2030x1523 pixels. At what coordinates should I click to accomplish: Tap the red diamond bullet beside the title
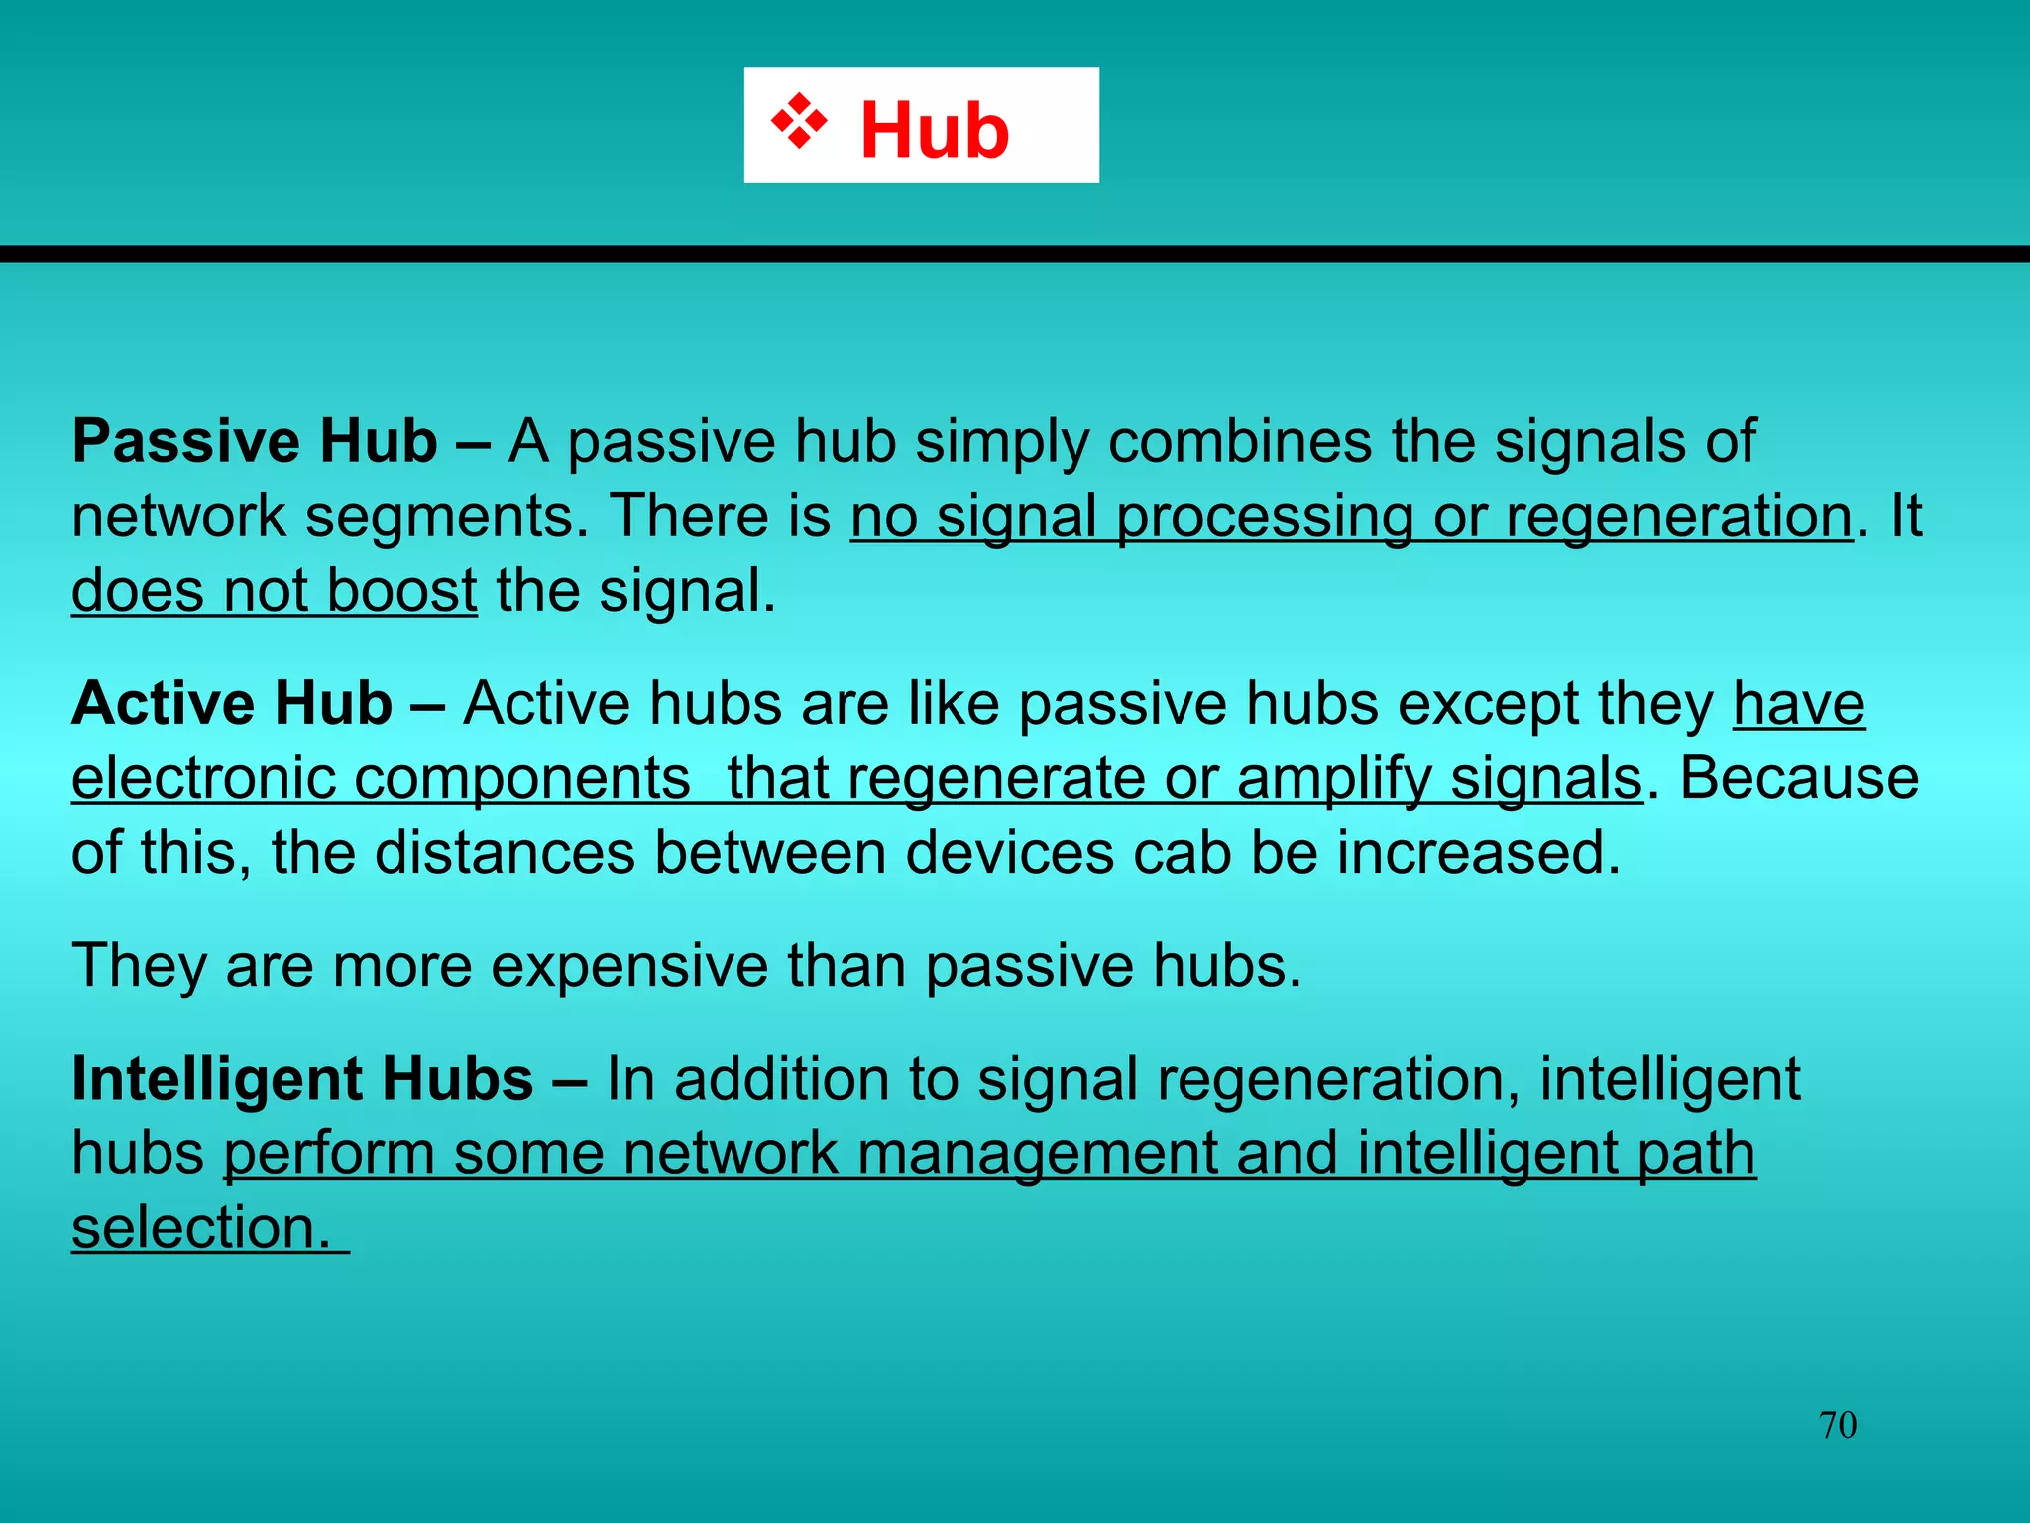[x=799, y=121]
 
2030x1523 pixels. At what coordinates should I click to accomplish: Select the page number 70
[x=1837, y=1425]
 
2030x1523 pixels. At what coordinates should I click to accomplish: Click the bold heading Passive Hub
[x=255, y=441]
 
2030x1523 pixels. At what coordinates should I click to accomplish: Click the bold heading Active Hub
[x=232, y=703]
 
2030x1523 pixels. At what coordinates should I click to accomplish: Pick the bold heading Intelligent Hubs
[x=302, y=1078]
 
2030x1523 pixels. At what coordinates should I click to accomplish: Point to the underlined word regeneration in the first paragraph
[x=1678, y=517]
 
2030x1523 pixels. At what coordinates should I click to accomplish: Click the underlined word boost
[x=401, y=591]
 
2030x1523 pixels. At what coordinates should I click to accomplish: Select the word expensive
[x=628, y=965]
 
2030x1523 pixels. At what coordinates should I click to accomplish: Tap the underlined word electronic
[x=203, y=778]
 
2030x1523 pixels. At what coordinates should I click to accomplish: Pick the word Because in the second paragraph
[x=1799, y=778]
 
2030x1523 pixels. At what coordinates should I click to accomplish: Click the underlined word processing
[x=1264, y=517]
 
